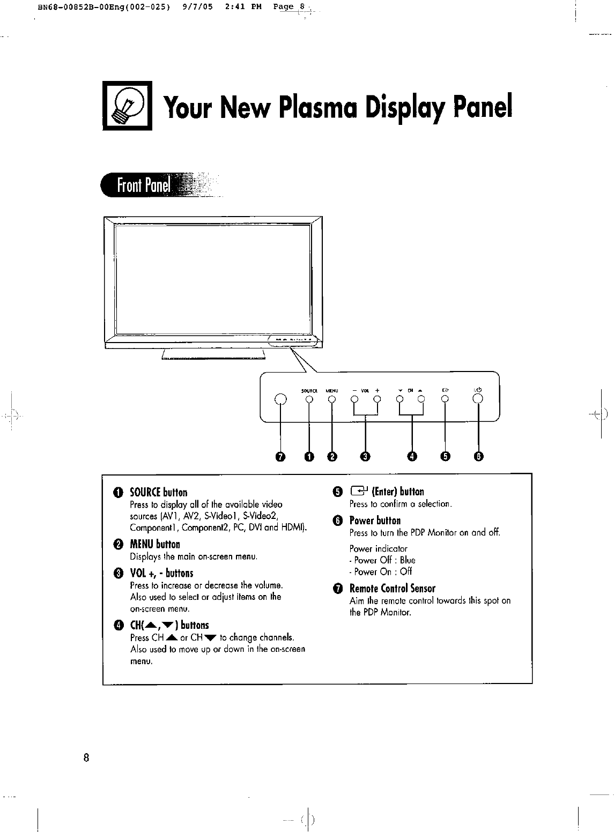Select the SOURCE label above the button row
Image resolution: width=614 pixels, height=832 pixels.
309,390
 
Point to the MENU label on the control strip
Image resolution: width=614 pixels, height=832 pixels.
332,390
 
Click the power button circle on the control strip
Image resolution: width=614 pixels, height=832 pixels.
478,399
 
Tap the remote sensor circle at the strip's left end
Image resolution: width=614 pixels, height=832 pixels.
280,399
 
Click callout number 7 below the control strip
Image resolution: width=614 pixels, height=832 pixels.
279,456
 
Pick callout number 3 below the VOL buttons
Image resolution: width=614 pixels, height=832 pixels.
365,456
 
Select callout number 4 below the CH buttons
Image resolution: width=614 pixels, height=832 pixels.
412,456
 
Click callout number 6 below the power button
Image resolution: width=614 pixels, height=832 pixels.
479,456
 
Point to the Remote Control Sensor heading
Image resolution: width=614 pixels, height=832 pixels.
393,589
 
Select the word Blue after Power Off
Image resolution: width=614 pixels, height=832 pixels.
408,560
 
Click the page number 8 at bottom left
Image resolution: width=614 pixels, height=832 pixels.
86,758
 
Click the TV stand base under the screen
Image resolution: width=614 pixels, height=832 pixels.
213,354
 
